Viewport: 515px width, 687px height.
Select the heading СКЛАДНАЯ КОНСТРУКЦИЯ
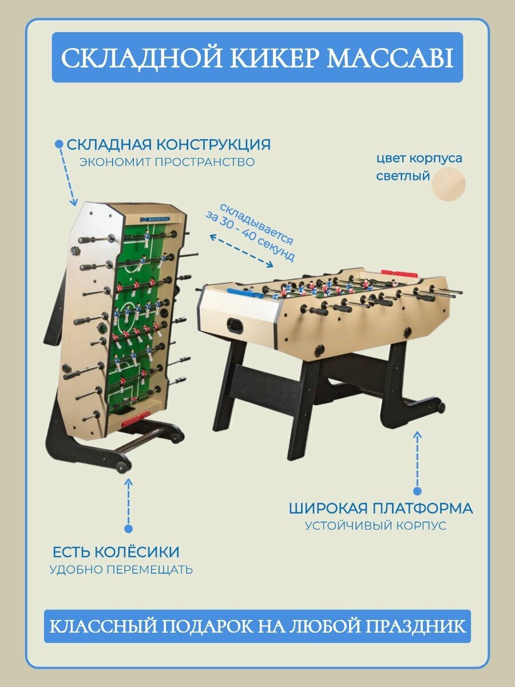pos(169,144)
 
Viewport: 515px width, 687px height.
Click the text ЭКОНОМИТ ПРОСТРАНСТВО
pos(167,162)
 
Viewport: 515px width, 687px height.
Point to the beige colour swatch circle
pos(449,184)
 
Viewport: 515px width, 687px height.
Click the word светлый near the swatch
pos(403,176)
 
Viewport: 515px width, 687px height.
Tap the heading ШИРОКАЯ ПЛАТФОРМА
pos(381,508)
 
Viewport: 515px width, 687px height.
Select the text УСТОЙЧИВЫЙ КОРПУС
pos(375,526)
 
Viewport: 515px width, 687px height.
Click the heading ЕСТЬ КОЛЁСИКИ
pos(116,552)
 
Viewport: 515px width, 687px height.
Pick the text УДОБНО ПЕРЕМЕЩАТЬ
pos(121,570)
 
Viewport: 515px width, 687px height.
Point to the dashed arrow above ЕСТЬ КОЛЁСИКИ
pos(129,504)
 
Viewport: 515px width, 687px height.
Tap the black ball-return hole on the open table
pos(234,325)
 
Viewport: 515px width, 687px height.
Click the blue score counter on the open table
pos(241,293)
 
